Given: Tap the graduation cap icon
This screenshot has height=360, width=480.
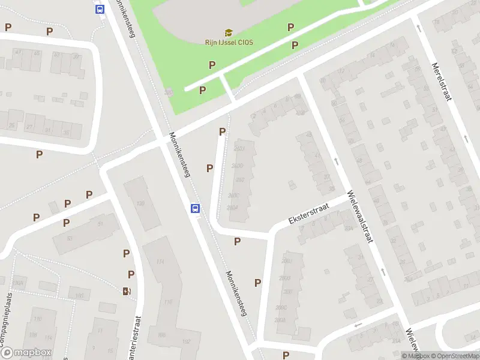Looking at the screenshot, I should click(x=228, y=32).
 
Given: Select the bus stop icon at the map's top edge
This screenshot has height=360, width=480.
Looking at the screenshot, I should click(x=100, y=9).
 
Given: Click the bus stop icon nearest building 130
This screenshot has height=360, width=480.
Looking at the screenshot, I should click(x=195, y=208).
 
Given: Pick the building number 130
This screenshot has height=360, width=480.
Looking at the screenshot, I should click(x=140, y=203).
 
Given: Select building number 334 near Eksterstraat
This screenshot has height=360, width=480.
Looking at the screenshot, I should click(x=348, y=228).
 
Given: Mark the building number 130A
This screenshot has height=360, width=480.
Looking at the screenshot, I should click(x=17, y=283).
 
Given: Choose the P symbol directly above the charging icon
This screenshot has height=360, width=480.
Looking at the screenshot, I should click(x=130, y=274).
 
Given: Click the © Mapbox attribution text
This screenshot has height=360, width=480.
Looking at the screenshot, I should click(x=413, y=356).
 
